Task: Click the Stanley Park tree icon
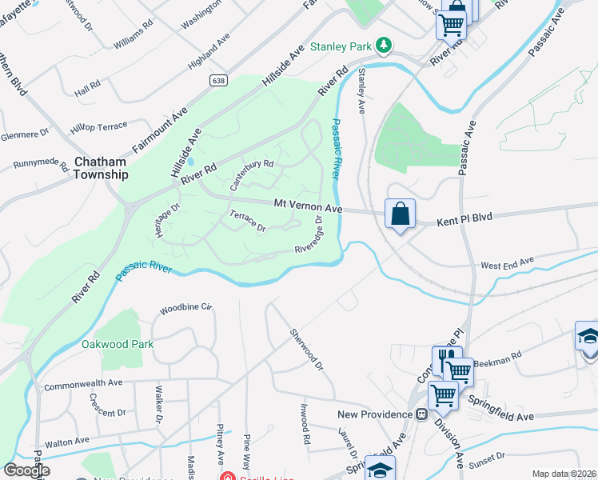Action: (385, 46)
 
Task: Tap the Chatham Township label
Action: (101, 167)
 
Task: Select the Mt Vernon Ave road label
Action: (308, 206)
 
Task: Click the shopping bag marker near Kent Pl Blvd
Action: (400, 214)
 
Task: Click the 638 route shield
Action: (218, 81)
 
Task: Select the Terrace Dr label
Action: (247, 222)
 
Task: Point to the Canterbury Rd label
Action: (252, 173)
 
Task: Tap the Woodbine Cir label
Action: (187, 307)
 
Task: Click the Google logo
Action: (26, 470)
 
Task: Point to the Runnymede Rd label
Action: (40, 166)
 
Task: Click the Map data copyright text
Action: (564, 474)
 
